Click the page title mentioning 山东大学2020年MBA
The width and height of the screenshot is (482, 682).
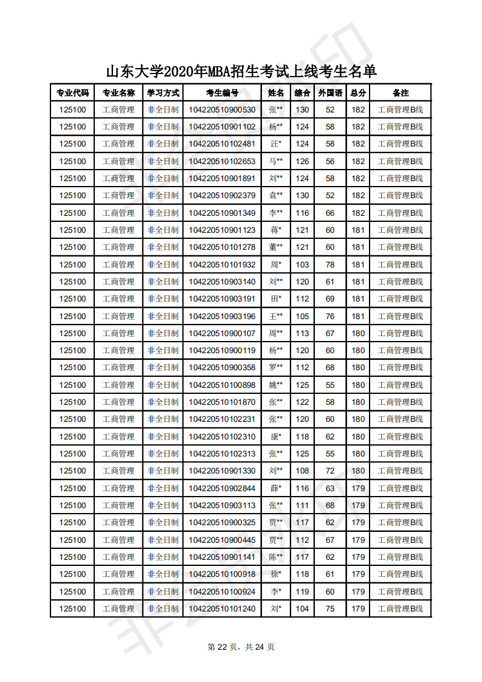click(x=241, y=71)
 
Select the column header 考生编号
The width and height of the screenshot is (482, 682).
click(x=222, y=93)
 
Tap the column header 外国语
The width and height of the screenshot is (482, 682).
click(x=330, y=93)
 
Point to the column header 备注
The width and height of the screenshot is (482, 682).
click(x=400, y=93)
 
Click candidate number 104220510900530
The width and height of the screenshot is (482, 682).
click(x=222, y=110)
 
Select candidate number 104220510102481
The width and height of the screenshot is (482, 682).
click(x=222, y=144)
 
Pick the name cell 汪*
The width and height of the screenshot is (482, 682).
click(x=276, y=144)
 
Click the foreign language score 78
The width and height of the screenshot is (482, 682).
click(x=330, y=264)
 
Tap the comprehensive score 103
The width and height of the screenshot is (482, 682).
click(x=302, y=264)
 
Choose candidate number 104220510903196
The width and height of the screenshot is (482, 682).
click(x=222, y=316)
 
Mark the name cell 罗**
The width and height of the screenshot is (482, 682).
click(x=276, y=367)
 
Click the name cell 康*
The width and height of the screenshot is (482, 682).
click(x=276, y=436)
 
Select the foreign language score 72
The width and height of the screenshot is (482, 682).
click(x=330, y=470)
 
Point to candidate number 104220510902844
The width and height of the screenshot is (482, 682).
click(x=222, y=488)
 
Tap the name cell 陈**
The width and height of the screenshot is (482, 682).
click(x=276, y=557)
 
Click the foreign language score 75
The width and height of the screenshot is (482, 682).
click(x=330, y=608)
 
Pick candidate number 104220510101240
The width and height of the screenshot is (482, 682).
click(x=222, y=608)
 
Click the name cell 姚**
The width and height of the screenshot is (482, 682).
click(x=276, y=385)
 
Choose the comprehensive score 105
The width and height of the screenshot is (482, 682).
click(x=302, y=316)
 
